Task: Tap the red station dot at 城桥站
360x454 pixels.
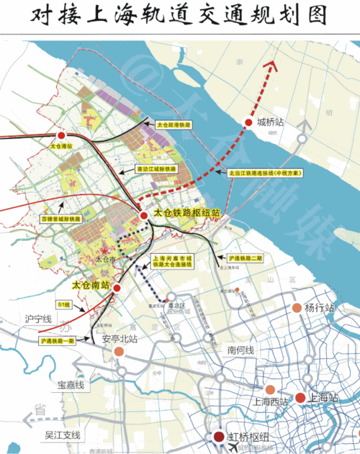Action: point(249,122)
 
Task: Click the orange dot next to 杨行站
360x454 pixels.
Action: point(297,309)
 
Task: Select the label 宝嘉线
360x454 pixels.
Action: point(72,385)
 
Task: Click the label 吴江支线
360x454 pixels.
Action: point(63,435)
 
